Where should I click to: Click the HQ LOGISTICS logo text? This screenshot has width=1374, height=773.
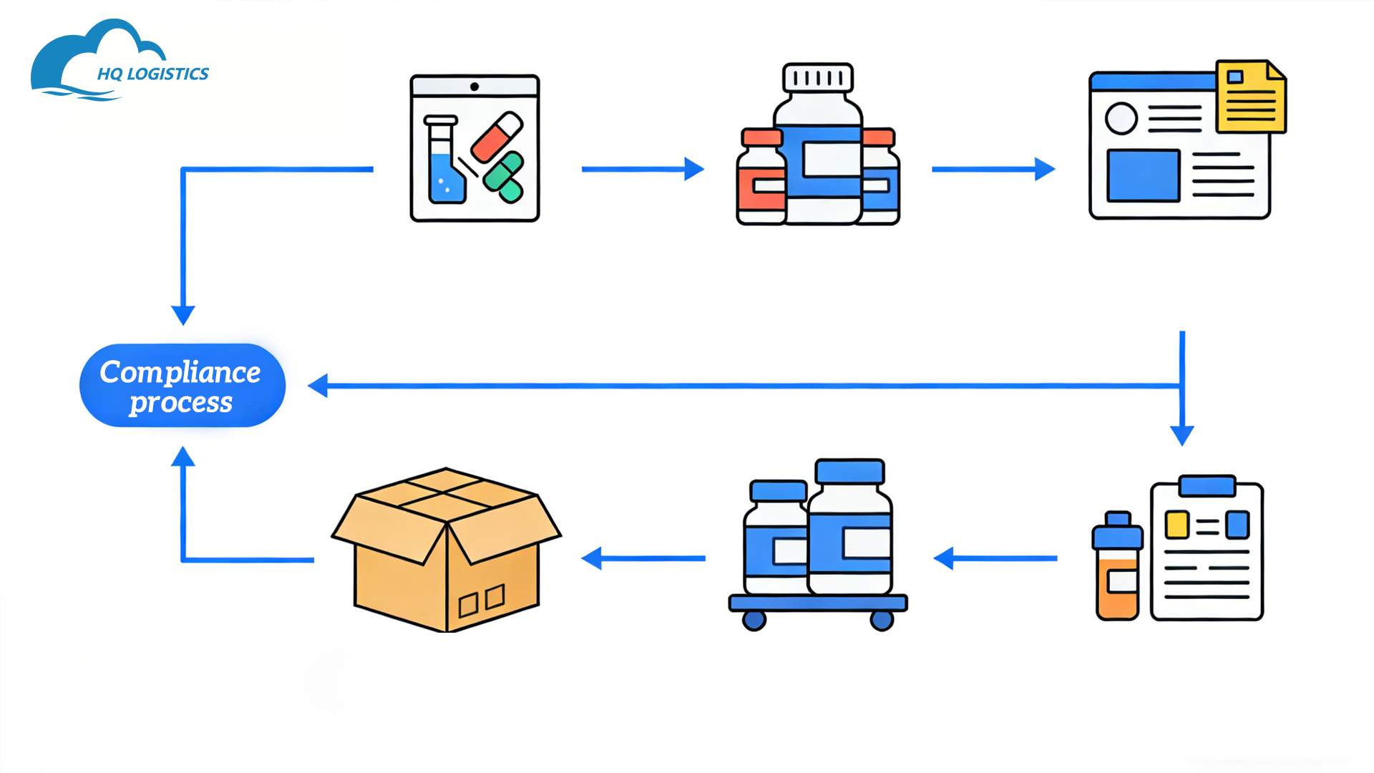click(x=152, y=74)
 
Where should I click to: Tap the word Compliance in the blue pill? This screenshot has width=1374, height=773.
click(x=180, y=372)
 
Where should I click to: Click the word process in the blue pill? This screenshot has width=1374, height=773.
click(x=181, y=403)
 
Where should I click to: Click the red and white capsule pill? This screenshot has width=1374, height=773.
click(x=497, y=137)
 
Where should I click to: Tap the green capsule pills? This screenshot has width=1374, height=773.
click(x=504, y=177)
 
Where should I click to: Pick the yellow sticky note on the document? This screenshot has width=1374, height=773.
click(x=1250, y=97)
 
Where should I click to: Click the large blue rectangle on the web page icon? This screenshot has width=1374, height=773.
click(x=1143, y=176)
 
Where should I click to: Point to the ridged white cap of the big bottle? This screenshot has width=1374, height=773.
click(x=818, y=78)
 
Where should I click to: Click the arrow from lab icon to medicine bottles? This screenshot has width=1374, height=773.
click(x=642, y=169)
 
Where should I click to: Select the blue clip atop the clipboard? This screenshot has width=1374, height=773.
click(x=1207, y=486)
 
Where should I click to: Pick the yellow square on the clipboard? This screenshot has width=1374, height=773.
click(x=1176, y=525)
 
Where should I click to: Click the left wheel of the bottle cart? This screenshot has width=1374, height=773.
click(x=754, y=620)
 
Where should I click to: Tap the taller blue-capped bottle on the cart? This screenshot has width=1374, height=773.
click(x=850, y=530)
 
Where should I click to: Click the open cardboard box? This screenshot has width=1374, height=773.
click(x=447, y=551)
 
